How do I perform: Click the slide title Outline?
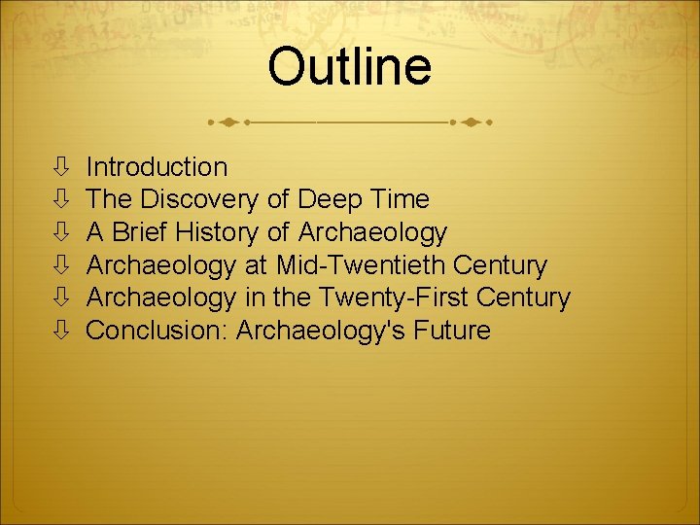[x=349, y=68]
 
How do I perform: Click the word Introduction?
[x=157, y=167]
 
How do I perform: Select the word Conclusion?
[x=157, y=331]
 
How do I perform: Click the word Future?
[x=452, y=331]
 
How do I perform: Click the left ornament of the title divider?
[x=229, y=123]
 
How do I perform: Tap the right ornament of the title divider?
[x=470, y=123]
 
